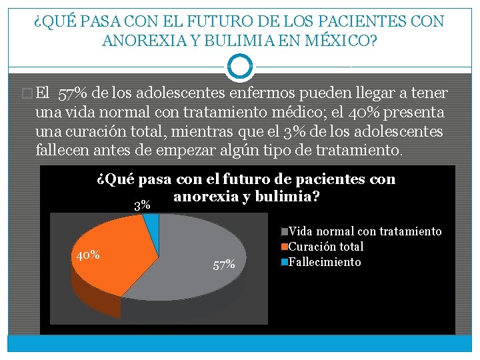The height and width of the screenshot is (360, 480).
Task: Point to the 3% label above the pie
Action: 143,205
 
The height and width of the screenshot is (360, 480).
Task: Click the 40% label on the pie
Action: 88,255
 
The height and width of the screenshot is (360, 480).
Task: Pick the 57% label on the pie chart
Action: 224,265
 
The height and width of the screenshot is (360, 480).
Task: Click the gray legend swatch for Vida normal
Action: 285,231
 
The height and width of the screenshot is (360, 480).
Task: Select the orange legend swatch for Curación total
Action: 285,247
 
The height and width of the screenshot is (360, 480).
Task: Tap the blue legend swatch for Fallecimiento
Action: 285,263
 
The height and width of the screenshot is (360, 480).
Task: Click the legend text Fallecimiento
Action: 325,262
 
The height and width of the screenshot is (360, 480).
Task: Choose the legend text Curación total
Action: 326,247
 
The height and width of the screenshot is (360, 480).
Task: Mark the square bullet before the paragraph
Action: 27,93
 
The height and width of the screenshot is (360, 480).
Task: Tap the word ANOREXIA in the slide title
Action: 145,41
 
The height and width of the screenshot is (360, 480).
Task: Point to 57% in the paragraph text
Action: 72,93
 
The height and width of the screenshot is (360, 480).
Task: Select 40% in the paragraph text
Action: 364,113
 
